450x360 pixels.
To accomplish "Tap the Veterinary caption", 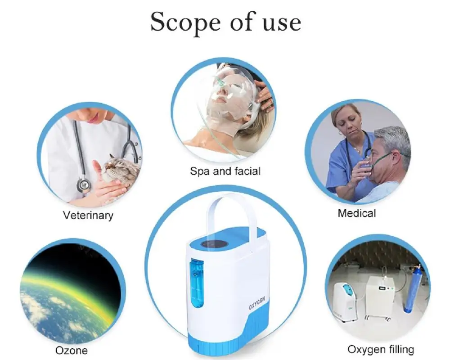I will [x=88, y=215].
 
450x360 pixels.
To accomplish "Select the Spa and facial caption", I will [x=225, y=171].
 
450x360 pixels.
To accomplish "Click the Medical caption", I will [x=357, y=212].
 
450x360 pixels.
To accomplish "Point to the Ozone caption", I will [x=72, y=350].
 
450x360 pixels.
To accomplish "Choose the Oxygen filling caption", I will [x=381, y=349].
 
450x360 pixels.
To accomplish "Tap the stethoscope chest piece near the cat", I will [x=83, y=184].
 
